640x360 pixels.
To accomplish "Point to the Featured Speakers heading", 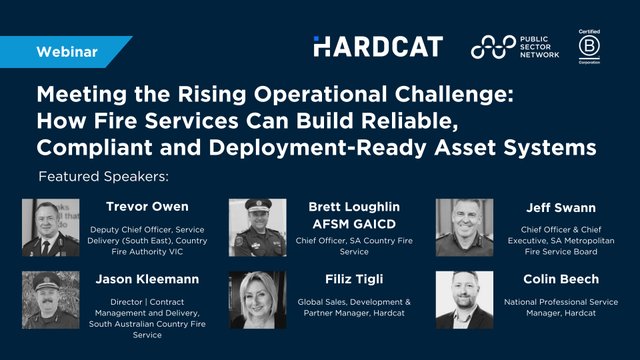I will pyautogui.click(x=103, y=177).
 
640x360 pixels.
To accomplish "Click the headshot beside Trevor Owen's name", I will pyautogui.click(x=50, y=227).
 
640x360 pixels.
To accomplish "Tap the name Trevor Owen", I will pyautogui.click(x=148, y=208).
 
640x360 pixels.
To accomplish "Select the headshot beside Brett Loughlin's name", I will pyautogui.click(x=258, y=227).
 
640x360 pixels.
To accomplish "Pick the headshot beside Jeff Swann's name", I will pyautogui.click(x=464, y=227).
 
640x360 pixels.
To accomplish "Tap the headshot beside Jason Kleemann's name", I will pyautogui.click(x=50, y=300).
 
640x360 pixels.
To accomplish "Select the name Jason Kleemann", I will pyautogui.click(x=148, y=280).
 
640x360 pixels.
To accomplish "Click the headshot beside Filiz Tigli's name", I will pyautogui.click(x=258, y=300).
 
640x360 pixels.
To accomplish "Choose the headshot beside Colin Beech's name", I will pyautogui.click(x=464, y=300).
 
